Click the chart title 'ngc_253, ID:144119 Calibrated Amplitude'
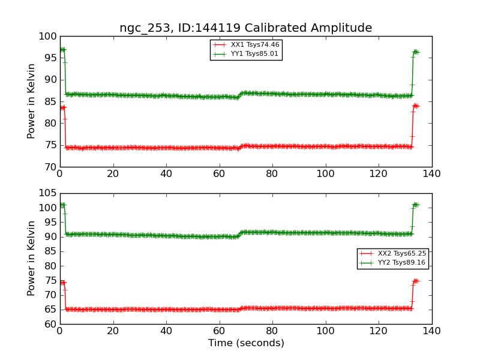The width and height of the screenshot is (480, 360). coord(245,28)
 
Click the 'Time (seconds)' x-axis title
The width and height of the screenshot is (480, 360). coord(246,343)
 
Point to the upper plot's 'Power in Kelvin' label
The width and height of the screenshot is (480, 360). coord(32,101)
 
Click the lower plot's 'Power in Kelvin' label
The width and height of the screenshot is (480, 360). coord(32,259)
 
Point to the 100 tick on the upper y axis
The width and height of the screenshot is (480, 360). coord(47,37)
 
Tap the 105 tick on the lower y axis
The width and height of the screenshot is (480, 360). coord(47,194)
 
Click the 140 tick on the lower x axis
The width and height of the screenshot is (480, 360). coord(431,331)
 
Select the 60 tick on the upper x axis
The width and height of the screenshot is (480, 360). coord(219,173)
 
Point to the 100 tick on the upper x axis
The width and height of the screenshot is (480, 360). coord(325,173)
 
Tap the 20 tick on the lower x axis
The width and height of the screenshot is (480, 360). coord(113,331)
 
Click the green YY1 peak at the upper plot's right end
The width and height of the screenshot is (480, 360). coord(415,52)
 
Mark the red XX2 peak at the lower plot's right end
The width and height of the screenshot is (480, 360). coord(415,281)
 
